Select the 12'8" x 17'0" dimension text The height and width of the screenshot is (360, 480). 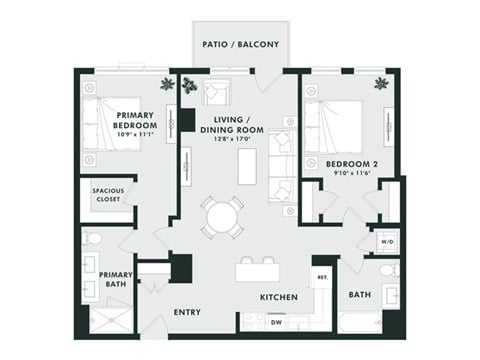click(230, 139)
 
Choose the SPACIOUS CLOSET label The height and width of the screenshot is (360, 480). click(107, 195)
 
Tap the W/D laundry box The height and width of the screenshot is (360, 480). click(387, 241)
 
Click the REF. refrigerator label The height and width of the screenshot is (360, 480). click(322, 276)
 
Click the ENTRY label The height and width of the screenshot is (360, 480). click(186, 312)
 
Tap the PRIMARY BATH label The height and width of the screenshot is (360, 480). click(115, 279)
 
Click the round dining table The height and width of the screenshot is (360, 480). click(221, 216)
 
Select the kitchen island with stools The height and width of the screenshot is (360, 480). click(256, 271)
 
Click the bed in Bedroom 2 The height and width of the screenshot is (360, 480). click(329, 125)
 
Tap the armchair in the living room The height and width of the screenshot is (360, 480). click(216, 92)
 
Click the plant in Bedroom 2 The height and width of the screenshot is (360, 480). click(380, 83)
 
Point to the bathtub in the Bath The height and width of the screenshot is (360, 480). click(360, 323)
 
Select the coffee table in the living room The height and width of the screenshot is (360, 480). click(246, 166)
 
